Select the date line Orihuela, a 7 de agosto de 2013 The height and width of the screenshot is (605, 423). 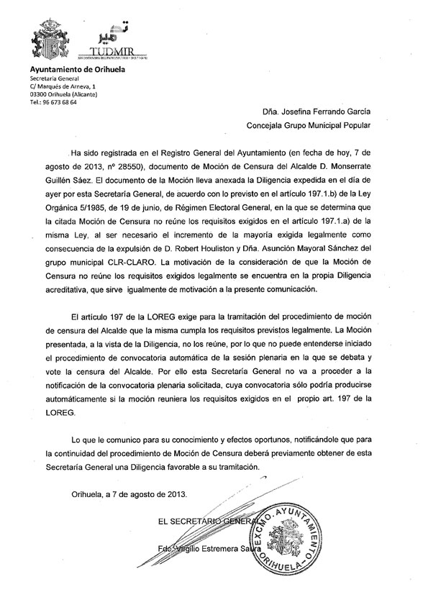click(x=129, y=494)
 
